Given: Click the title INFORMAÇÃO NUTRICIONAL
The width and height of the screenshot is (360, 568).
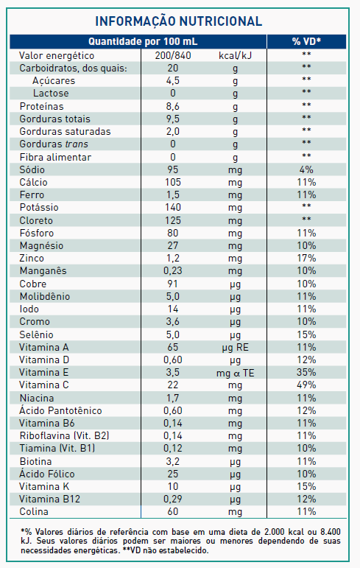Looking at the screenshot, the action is (179, 21).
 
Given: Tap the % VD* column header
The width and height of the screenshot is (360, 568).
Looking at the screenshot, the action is (306, 42).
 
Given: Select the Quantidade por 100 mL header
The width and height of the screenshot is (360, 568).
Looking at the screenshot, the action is (143, 42).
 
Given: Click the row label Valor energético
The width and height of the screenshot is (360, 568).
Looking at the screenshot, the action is (57, 56).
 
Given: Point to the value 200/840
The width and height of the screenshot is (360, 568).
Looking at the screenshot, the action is (173, 56).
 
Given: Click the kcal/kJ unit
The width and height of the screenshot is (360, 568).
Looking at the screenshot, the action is (235, 56).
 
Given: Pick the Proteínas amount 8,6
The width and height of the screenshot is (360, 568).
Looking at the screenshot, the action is (173, 107).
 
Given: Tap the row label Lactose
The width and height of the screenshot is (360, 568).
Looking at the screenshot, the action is (51, 94).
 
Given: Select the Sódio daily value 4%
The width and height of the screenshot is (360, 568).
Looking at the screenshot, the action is (306, 170).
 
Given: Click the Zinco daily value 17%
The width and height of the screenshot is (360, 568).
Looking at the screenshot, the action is (306, 259).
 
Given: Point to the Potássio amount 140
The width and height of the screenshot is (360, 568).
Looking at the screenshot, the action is (173, 208).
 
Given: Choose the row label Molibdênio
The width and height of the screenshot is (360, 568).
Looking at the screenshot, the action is (45, 296).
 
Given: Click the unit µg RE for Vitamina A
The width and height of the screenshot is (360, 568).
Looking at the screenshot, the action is (235, 348).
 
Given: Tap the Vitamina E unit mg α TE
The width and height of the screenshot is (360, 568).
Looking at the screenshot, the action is (235, 373).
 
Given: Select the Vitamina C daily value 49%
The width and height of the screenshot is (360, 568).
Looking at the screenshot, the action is (306, 385).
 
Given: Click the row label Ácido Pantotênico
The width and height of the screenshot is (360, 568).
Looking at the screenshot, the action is (60, 410).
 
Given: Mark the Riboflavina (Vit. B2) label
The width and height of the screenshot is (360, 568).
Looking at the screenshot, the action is (64, 436).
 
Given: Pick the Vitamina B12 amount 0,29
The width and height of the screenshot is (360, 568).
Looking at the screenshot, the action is (173, 499).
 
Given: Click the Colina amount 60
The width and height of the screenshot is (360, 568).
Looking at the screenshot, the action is (173, 511).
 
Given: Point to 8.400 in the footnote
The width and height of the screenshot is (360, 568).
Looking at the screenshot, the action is (331, 532).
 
